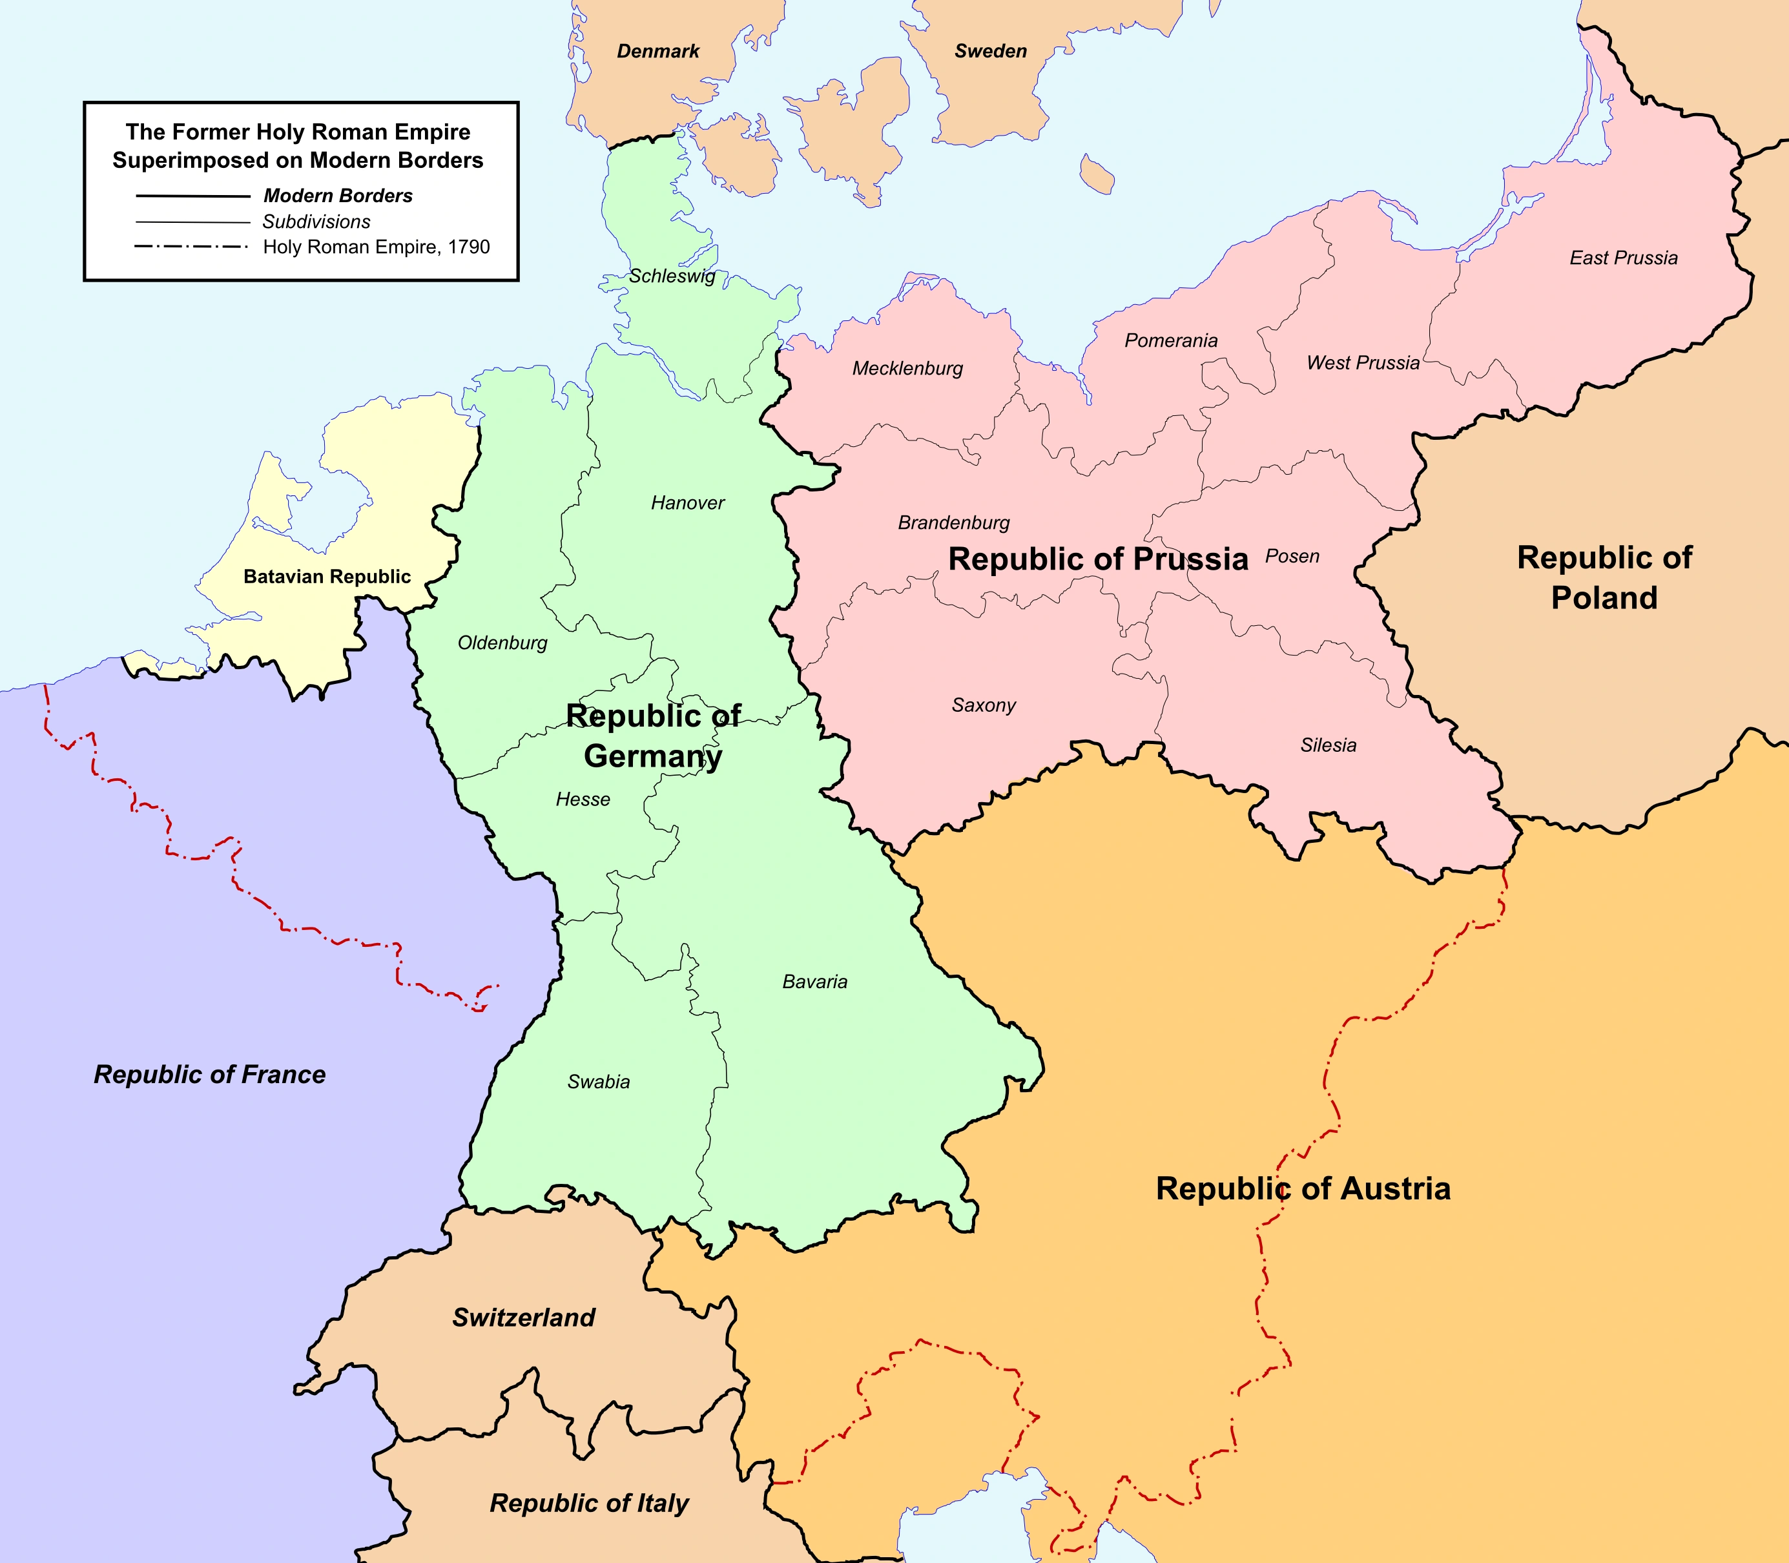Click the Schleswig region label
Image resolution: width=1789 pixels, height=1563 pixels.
(x=672, y=276)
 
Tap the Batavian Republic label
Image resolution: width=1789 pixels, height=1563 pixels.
(x=327, y=577)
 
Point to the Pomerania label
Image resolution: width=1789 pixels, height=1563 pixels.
(x=1170, y=341)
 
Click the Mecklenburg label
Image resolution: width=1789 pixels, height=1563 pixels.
(x=907, y=369)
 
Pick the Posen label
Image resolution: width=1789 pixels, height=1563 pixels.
(x=1292, y=557)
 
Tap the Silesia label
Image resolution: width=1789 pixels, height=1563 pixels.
(x=1328, y=745)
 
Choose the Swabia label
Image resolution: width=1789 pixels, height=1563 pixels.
(x=598, y=1082)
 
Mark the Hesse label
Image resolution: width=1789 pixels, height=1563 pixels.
(x=583, y=800)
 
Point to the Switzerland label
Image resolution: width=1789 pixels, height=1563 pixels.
(x=523, y=1317)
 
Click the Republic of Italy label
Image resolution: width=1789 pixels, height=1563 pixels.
(x=589, y=1503)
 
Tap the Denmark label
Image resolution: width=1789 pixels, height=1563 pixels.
(x=657, y=52)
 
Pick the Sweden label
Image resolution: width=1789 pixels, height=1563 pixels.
(x=990, y=52)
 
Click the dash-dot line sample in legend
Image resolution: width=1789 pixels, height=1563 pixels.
(x=191, y=247)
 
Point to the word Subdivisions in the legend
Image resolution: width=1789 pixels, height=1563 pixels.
(x=316, y=222)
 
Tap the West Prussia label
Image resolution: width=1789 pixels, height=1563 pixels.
(x=1363, y=364)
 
